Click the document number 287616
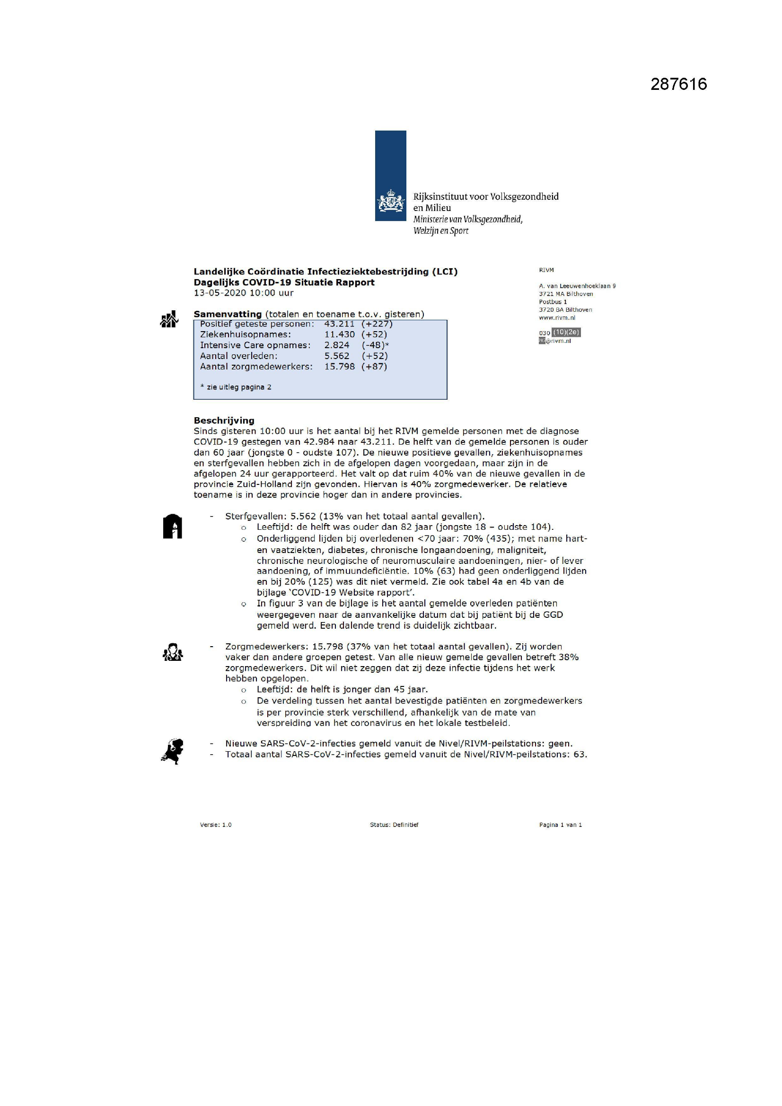pyautogui.click(x=678, y=84)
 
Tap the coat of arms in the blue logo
pyautogui.click(x=390, y=201)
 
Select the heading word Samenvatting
pyautogui.click(x=228, y=314)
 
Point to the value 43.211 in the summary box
pyautogui.click(x=339, y=324)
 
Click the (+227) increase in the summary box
pyautogui.click(x=377, y=324)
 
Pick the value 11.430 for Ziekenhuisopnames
pyautogui.click(x=339, y=334)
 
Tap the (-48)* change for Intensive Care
pyautogui.click(x=375, y=345)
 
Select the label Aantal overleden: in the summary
pyautogui.click(x=238, y=356)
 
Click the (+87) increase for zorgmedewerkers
pyautogui.click(x=374, y=367)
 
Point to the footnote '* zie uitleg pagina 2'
pyautogui.click(x=236, y=387)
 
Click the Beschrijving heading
pyautogui.click(x=224, y=421)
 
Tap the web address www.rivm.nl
pyautogui.click(x=557, y=318)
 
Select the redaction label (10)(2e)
pyautogui.click(x=566, y=333)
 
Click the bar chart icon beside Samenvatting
pyautogui.click(x=169, y=319)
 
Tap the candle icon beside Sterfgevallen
pyautogui.click(x=173, y=527)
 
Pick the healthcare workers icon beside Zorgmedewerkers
pyautogui.click(x=173, y=653)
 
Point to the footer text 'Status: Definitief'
pyautogui.click(x=394, y=825)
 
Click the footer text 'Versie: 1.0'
pyautogui.click(x=215, y=825)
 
